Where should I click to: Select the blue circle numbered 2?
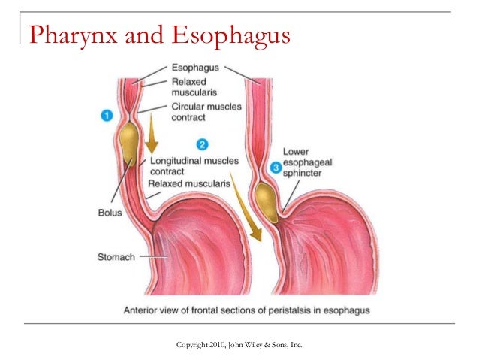click(202, 144)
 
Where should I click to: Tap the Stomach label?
click(116, 256)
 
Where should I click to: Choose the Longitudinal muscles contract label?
click(194, 166)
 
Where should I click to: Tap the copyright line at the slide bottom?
click(239, 344)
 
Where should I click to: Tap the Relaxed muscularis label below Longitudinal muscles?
click(188, 183)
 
